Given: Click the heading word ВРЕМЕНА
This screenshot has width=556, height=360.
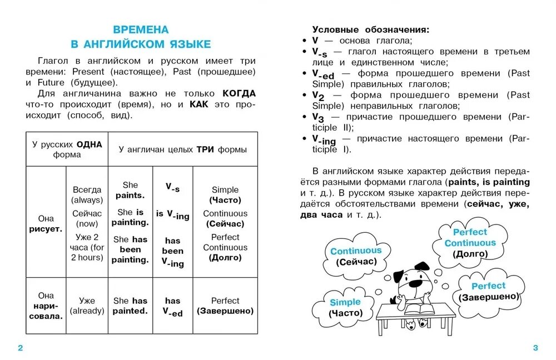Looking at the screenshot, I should coord(141,29).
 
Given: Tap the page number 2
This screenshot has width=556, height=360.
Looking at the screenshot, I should coord(21,348).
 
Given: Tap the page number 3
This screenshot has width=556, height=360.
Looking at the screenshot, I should coord(535,348).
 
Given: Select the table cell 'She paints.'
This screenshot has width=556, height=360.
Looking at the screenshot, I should coord(130,190).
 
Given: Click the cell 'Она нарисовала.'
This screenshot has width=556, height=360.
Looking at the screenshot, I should coord(46,306).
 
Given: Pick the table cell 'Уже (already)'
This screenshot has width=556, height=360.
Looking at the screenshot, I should coord(87,306).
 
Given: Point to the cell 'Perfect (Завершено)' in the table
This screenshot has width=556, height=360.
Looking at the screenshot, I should coord(225,306).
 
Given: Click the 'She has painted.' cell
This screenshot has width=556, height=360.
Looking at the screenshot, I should coord(130,306).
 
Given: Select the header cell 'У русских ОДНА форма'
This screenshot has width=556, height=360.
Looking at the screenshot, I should coord(67,149).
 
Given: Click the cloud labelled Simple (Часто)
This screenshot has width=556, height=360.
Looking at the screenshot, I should coord(345,307).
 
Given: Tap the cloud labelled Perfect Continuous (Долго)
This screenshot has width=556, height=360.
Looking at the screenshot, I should coord(470,243).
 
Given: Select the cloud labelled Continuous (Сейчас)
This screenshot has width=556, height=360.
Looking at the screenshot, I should coord(356,256).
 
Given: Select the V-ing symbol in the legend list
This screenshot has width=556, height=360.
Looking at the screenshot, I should coord(324,139).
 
